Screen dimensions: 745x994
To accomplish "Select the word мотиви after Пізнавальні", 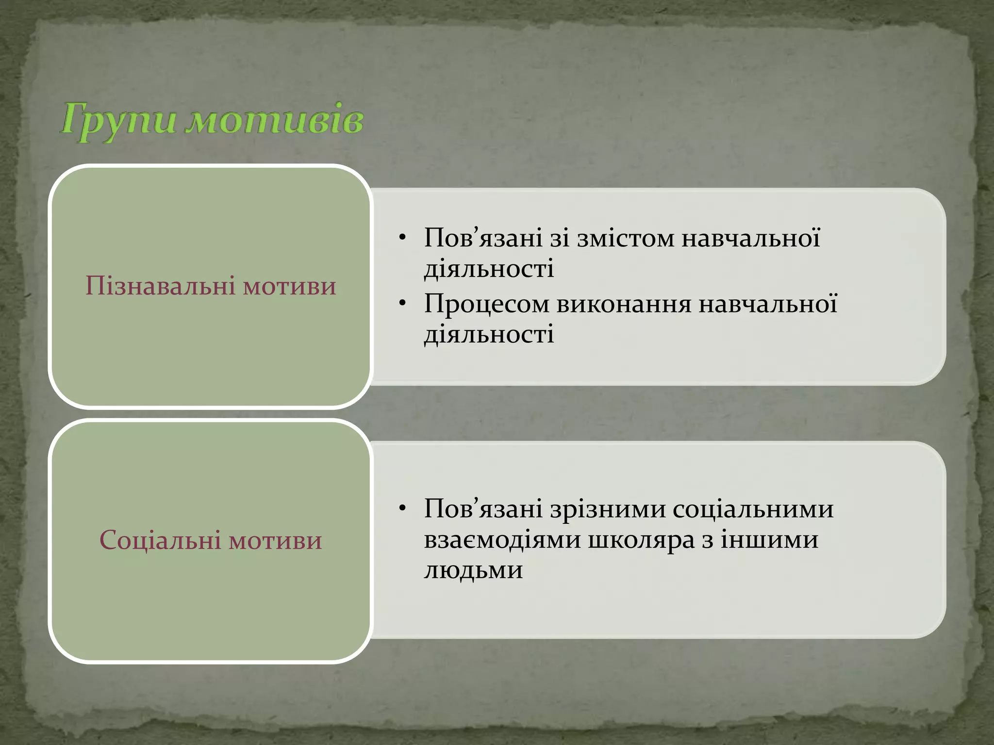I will point(289,286).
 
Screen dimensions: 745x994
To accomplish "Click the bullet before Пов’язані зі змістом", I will point(402,238).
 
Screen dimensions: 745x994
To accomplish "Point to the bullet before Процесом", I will point(402,304).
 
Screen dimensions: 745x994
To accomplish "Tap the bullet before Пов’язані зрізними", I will point(402,509).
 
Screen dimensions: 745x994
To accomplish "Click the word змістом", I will point(626,239).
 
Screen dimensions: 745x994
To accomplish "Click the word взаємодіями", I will point(502,540).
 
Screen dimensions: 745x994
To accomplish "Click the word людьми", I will point(473,570).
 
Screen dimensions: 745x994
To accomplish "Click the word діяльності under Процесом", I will point(489,335).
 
